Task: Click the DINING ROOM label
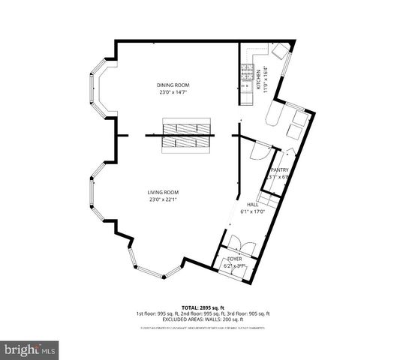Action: pos(172,85)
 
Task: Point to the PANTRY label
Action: pos(280,170)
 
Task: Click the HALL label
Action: pos(253,205)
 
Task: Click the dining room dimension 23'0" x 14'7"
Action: pos(172,92)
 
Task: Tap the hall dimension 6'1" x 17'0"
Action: pos(253,211)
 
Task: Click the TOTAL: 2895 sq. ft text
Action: pos(203,307)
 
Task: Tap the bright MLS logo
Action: pos(30,349)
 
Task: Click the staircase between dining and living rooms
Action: pos(189,136)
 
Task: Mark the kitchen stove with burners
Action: pos(245,73)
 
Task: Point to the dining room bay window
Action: pos(99,88)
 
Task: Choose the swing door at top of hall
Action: pos(257,149)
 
